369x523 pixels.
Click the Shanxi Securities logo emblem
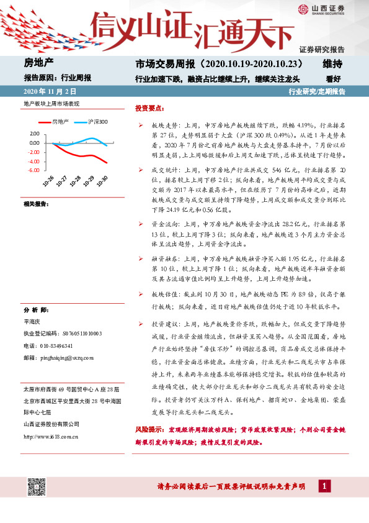tap(301, 10)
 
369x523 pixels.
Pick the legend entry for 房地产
tap(60, 122)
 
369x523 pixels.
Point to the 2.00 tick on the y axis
tap(34, 134)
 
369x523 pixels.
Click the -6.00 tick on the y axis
tap(33, 170)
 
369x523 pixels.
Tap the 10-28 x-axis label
tap(78, 181)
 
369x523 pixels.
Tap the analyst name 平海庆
tap(32, 322)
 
